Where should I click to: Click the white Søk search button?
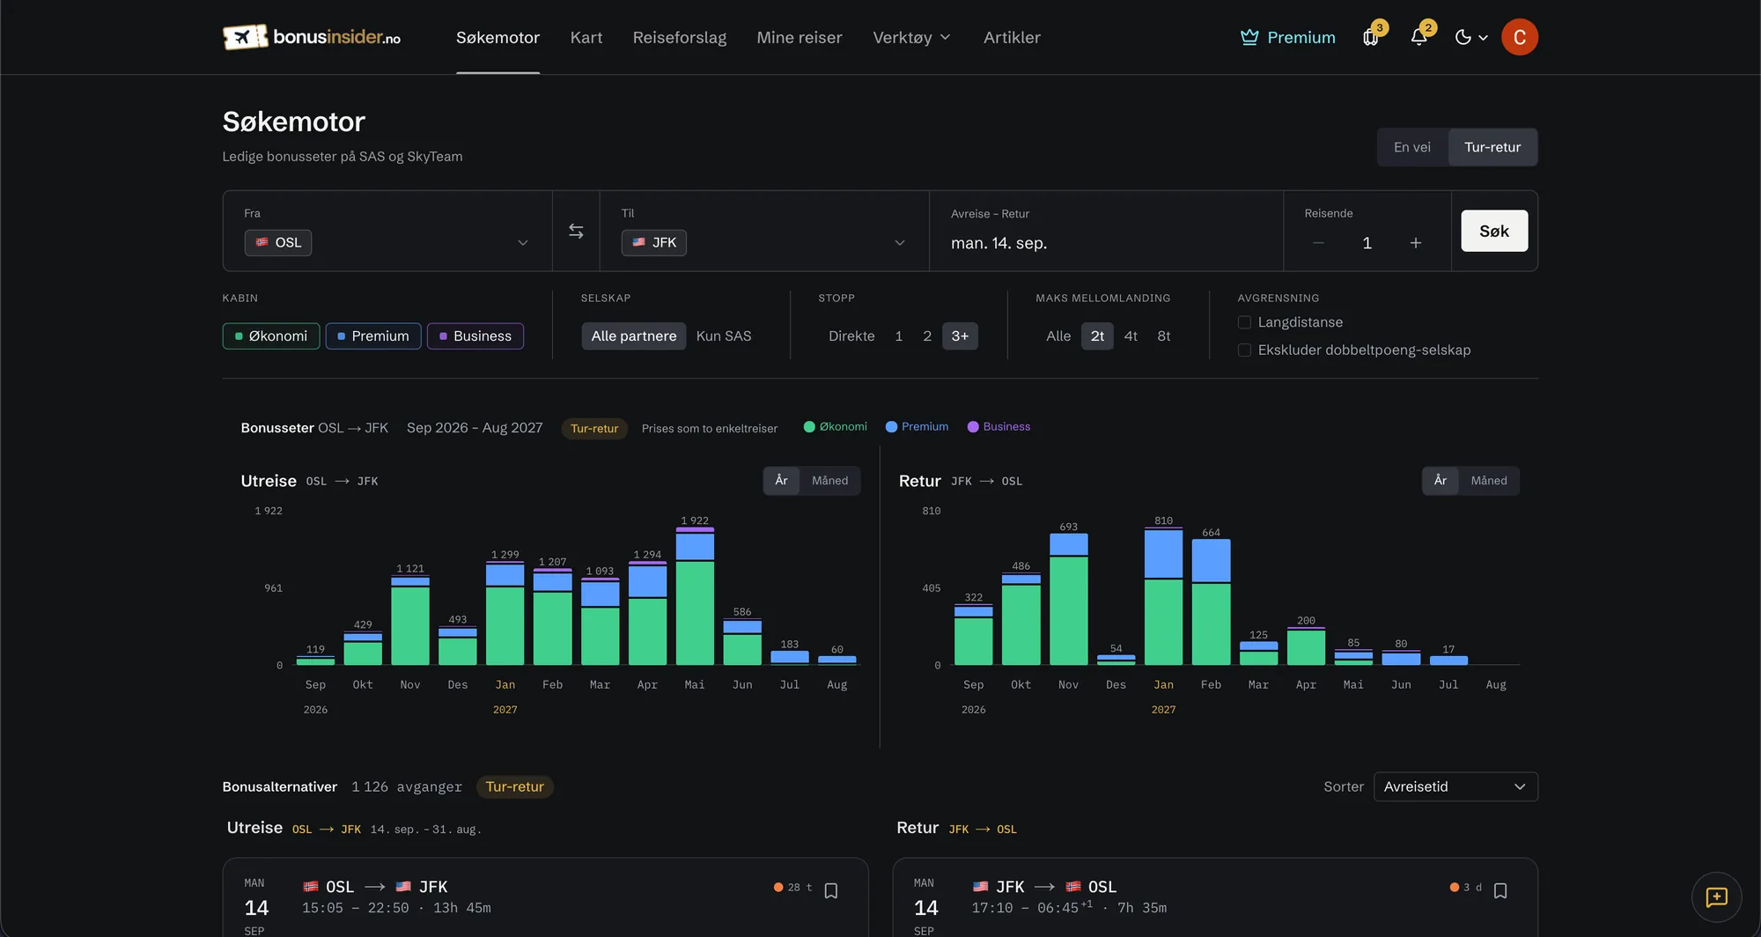pyautogui.click(x=1494, y=231)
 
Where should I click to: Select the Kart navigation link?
pyautogui.click(x=586, y=37)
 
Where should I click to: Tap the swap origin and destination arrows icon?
pyautogui.click(x=576, y=231)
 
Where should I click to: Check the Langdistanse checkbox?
pyautogui.click(x=1244, y=322)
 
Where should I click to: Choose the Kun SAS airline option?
pyautogui.click(x=724, y=336)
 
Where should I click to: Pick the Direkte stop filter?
pyautogui.click(x=851, y=336)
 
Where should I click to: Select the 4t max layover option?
pyautogui.click(x=1131, y=336)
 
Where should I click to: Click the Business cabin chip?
pyautogui.click(x=475, y=336)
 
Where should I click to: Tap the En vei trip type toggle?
pyautogui.click(x=1412, y=147)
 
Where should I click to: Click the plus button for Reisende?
pyautogui.click(x=1416, y=243)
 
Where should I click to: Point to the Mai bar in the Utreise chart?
pyautogui.click(x=695, y=596)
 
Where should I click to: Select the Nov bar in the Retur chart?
pyautogui.click(x=1068, y=599)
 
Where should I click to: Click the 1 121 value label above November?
pyautogui.click(x=410, y=568)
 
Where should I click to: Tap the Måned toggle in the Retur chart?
pyautogui.click(x=1489, y=480)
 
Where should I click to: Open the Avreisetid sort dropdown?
pyautogui.click(x=1455, y=786)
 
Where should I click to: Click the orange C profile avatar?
pyautogui.click(x=1520, y=37)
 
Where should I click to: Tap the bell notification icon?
pyautogui.click(x=1418, y=37)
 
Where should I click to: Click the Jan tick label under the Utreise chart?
pyautogui.click(x=505, y=684)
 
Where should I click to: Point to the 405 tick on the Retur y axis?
pyautogui.click(x=932, y=587)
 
